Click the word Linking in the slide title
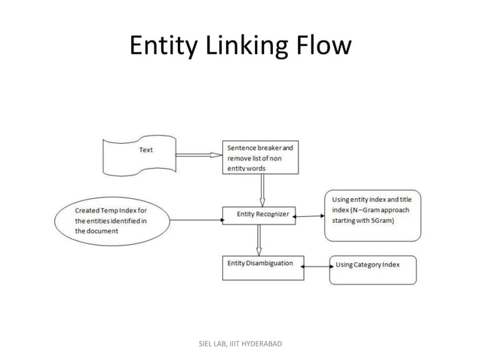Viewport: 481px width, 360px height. click(x=240, y=47)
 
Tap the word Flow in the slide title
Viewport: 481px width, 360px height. click(x=320, y=47)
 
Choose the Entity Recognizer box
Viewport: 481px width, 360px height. click(x=259, y=215)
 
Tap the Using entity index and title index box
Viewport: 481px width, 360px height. click(x=372, y=215)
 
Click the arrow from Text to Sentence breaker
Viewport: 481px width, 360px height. click(x=198, y=155)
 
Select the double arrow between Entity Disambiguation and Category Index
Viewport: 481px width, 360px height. click(x=317, y=266)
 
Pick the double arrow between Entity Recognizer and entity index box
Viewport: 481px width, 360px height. click(x=309, y=216)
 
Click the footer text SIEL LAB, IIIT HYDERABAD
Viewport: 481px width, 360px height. click(x=240, y=343)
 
